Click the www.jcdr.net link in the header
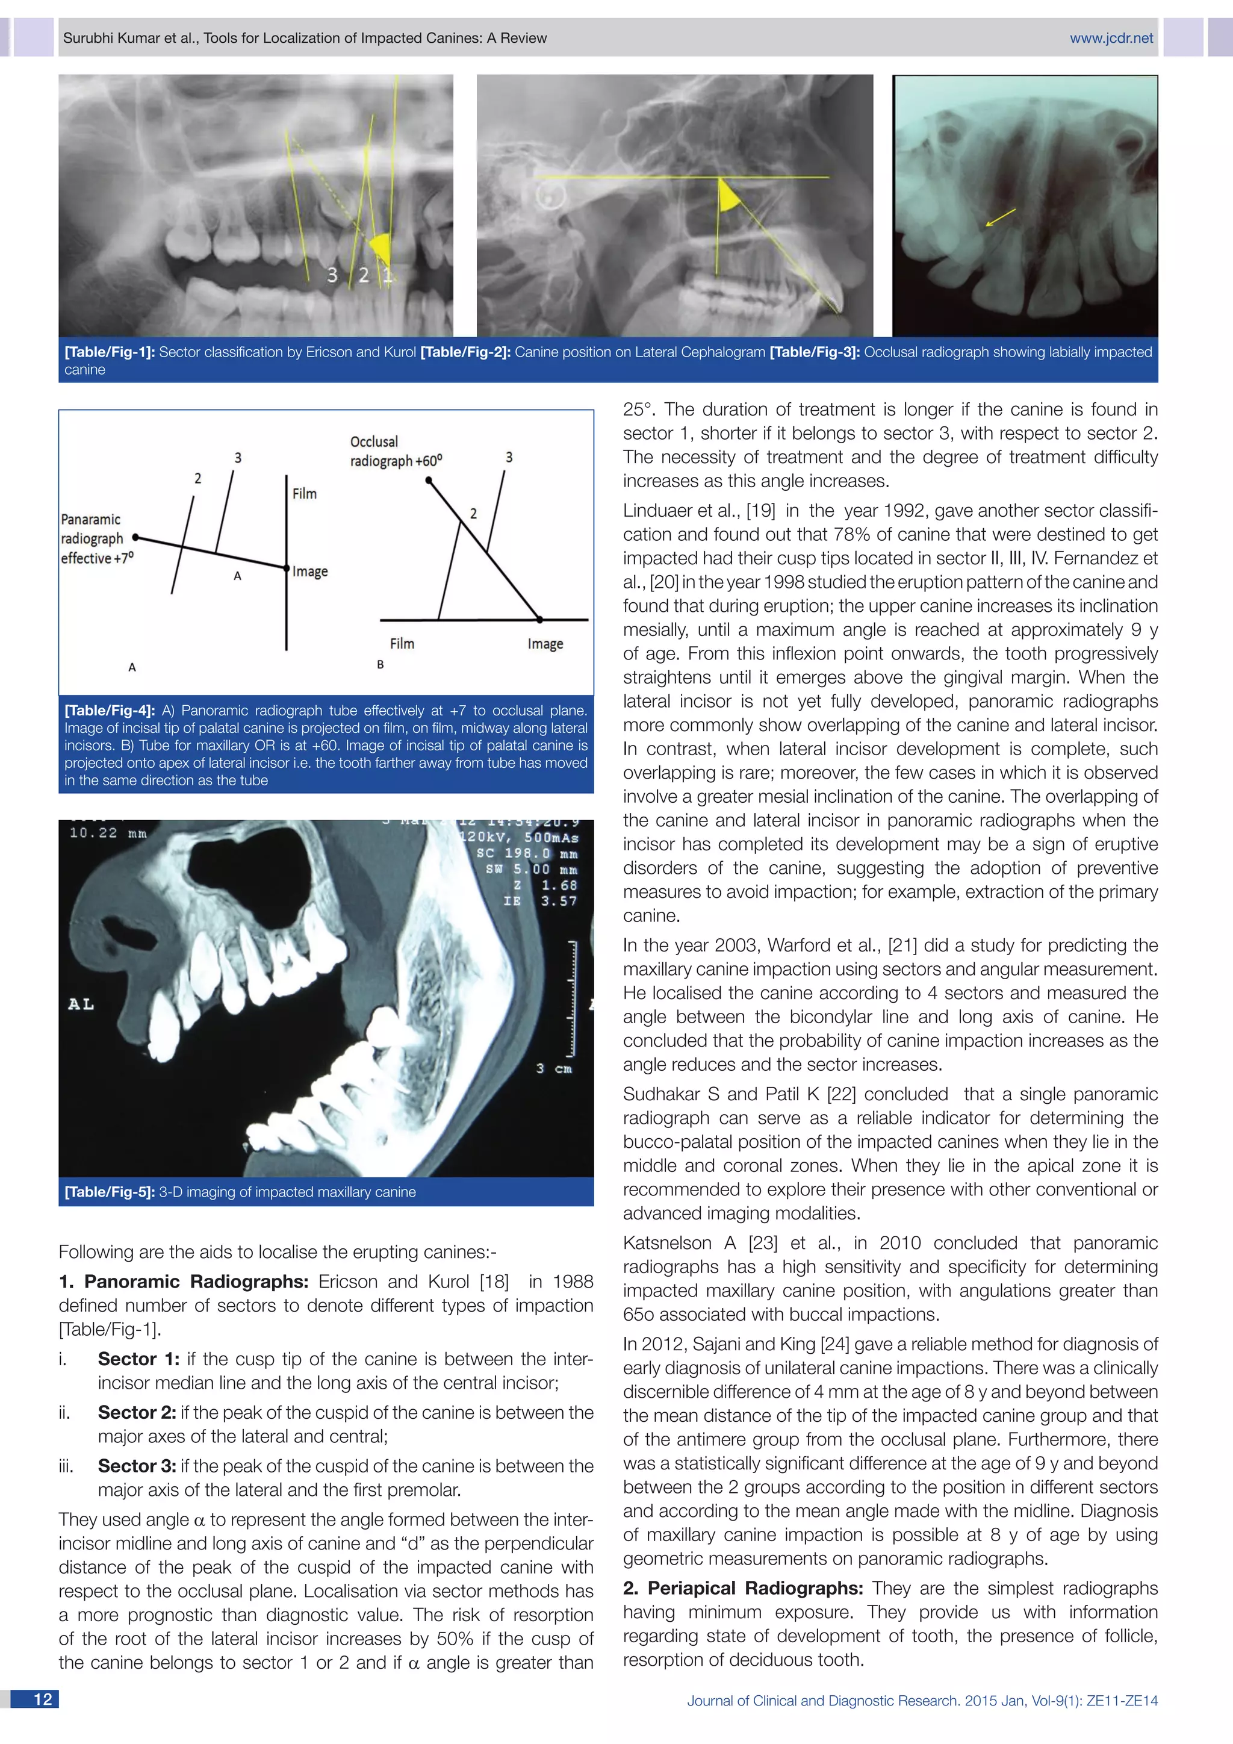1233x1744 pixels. [x=1111, y=38]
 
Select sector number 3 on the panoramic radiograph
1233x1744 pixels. [x=332, y=275]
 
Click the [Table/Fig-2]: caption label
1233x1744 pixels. [x=466, y=352]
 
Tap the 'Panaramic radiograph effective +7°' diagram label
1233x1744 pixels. [x=96, y=538]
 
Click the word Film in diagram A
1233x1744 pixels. [x=305, y=494]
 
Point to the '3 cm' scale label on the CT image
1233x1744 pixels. [x=553, y=1068]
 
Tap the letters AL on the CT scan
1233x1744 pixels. [x=81, y=1004]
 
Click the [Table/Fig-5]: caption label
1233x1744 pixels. [x=110, y=1192]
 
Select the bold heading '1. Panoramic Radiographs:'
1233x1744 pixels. [x=183, y=1282]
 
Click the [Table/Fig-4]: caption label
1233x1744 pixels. [x=110, y=710]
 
